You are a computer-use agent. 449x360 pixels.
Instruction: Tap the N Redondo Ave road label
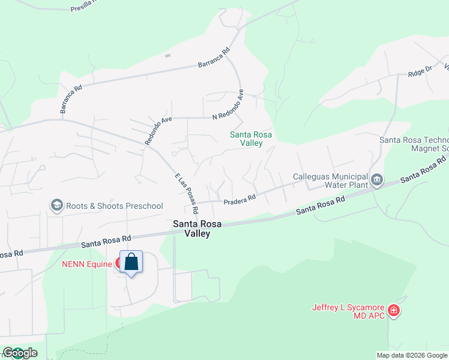228,105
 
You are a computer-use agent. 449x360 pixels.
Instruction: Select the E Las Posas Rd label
187,194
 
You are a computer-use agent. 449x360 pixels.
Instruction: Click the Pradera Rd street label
240,198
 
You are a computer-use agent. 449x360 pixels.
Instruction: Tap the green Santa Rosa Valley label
251,139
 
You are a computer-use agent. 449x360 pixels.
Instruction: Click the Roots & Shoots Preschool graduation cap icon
57,206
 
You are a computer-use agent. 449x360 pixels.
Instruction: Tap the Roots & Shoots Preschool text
113,206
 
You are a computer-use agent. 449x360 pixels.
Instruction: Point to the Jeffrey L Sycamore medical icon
394,311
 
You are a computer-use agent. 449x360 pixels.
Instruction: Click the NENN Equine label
86,263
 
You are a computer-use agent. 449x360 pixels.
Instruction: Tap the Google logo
19,353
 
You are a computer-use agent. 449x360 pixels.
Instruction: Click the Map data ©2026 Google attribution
412,355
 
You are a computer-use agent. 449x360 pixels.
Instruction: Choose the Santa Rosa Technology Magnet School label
414,144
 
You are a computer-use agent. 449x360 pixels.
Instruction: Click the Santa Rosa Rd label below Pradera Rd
321,206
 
